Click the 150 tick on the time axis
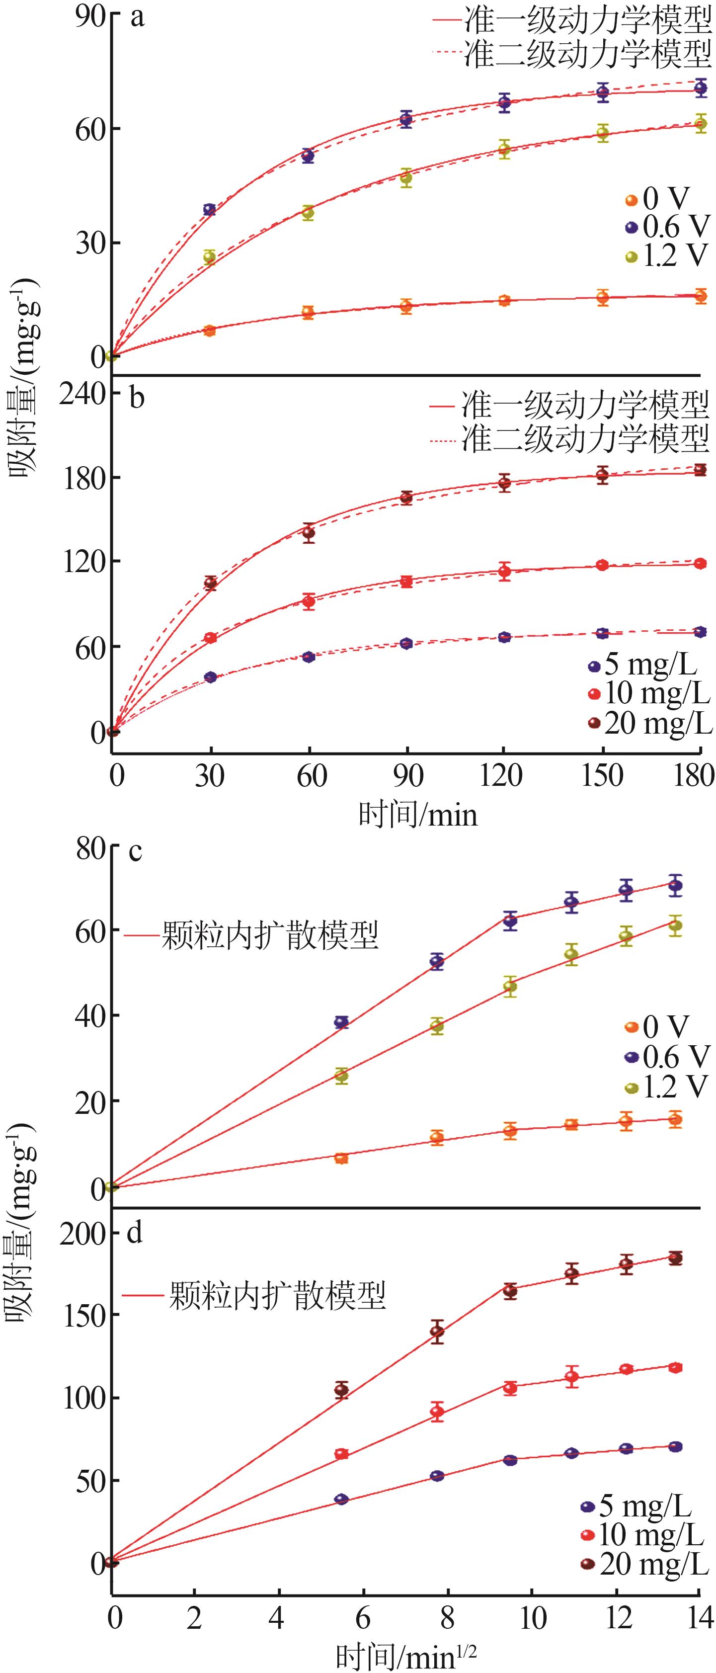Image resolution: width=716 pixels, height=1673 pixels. pos(602,775)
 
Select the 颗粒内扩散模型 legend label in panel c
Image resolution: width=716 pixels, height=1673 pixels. pos(269,937)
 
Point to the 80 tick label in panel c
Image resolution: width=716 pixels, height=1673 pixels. pos(89,849)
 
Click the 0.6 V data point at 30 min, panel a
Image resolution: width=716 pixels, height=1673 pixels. pos(209,210)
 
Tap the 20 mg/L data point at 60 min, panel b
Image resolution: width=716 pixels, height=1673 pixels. pos(309,533)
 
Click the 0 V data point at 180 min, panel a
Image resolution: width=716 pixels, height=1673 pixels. pos(701,296)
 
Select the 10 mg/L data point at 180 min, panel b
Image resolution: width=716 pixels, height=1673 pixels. pos(701,564)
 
